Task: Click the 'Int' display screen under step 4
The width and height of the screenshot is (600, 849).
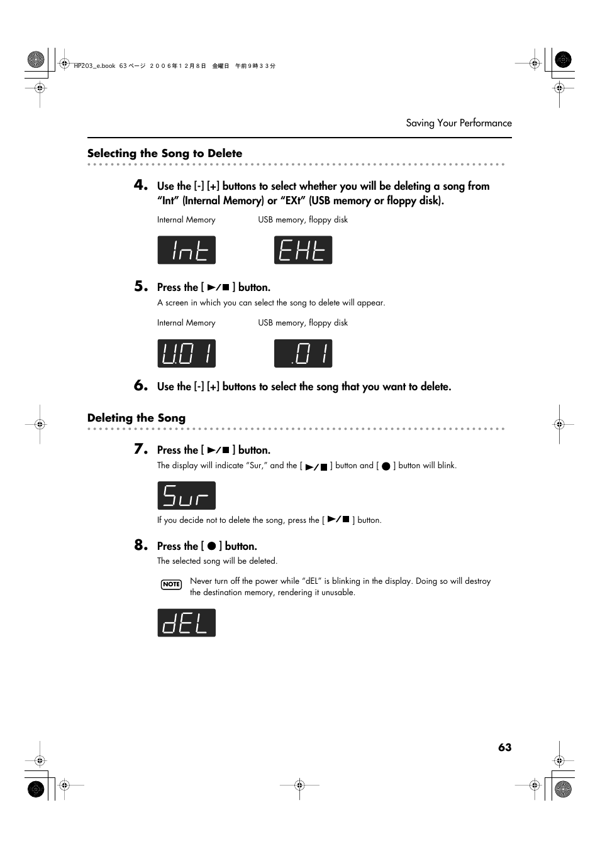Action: [x=186, y=250]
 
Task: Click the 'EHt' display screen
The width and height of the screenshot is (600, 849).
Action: [x=303, y=250]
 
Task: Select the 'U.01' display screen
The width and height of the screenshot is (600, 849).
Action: [x=186, y=353]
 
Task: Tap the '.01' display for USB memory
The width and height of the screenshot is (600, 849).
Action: [x=303, y=353]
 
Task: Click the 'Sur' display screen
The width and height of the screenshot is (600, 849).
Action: [x=186, y=495]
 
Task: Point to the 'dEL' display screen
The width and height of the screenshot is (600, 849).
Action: [x=186, y=623]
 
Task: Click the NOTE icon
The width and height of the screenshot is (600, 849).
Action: [x=171, y=584]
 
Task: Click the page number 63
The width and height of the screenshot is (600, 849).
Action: [x=504, y=747]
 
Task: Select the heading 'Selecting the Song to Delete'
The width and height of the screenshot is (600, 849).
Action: [x=165, y=153]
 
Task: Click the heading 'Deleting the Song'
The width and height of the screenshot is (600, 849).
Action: [x=136, y=418]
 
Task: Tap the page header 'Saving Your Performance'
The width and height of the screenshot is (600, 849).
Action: [x=458, y=123]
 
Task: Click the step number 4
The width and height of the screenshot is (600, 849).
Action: [x=140, y=185]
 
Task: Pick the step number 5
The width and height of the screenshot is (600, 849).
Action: [x=140, y=287]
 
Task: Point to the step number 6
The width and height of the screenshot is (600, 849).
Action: [x=140, y=386]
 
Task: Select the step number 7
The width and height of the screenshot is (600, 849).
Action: [x=140, y=449]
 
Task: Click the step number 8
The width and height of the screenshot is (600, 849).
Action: [x=140, y=545]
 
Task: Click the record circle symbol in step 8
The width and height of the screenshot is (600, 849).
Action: [x=212, y=546]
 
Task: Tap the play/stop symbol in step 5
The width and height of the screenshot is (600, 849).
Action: [x=218, y=287]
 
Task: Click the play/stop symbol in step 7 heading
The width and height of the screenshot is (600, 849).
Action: [x=218, y=450]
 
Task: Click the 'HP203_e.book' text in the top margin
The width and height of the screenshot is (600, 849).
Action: [x=95, y=65]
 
